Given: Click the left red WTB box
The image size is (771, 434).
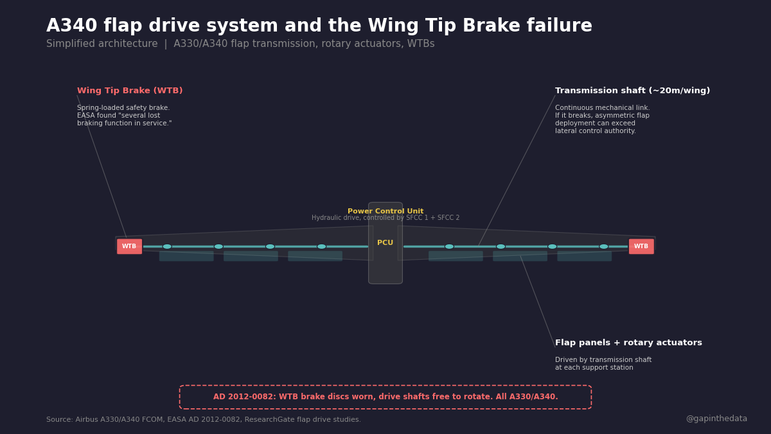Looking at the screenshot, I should [129, 246].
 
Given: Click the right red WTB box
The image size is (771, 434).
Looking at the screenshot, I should [641, 246].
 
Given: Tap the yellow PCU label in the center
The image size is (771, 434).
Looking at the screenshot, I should [385, 243].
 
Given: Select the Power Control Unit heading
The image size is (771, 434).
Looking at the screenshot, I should [385, 212].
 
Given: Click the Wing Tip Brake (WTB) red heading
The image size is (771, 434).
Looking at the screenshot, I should [130, 91].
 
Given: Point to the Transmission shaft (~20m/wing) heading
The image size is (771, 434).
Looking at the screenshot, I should [632, 91].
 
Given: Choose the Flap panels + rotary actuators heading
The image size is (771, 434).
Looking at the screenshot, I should [628, 343].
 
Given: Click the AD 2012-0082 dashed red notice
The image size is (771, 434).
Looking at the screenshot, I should [385, 397].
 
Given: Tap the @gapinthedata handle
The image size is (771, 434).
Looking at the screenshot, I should [716, 419].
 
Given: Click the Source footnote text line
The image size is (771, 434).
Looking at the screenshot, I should [204, 420].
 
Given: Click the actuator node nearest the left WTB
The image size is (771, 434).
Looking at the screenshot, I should [167, 246].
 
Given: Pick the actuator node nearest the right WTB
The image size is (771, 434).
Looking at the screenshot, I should [604, 246].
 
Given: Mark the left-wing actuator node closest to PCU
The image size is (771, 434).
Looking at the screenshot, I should [321, 246].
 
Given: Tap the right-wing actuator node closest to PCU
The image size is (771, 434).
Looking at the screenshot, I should [449, 246].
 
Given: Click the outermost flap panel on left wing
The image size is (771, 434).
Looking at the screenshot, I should [186, 256].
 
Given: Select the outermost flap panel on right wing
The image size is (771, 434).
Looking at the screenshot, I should [584, 256].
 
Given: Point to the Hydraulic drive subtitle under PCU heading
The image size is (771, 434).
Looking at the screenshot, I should [385, 218].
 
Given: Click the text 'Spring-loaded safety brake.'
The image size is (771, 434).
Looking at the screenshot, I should [123, 108].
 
